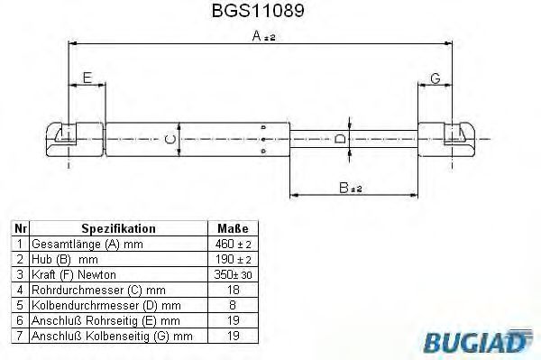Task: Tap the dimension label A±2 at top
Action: click(x=264, y=36)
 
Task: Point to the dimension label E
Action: click(x=87, y=78)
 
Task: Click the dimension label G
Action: click(x=434, y=78)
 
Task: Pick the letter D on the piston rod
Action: click(x=339, y=139)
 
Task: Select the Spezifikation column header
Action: click(x=118, y=229)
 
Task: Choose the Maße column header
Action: click(x=233, y=229)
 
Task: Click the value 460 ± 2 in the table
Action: click(x=233, y=245)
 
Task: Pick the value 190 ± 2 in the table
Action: click(x=233, y=259)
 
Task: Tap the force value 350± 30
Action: click(x=233, y=274)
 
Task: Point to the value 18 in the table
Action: click(x=233, y=290)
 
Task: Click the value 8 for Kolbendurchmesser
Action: click(x=233, y=305)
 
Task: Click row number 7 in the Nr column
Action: click(x=20, y=336)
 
